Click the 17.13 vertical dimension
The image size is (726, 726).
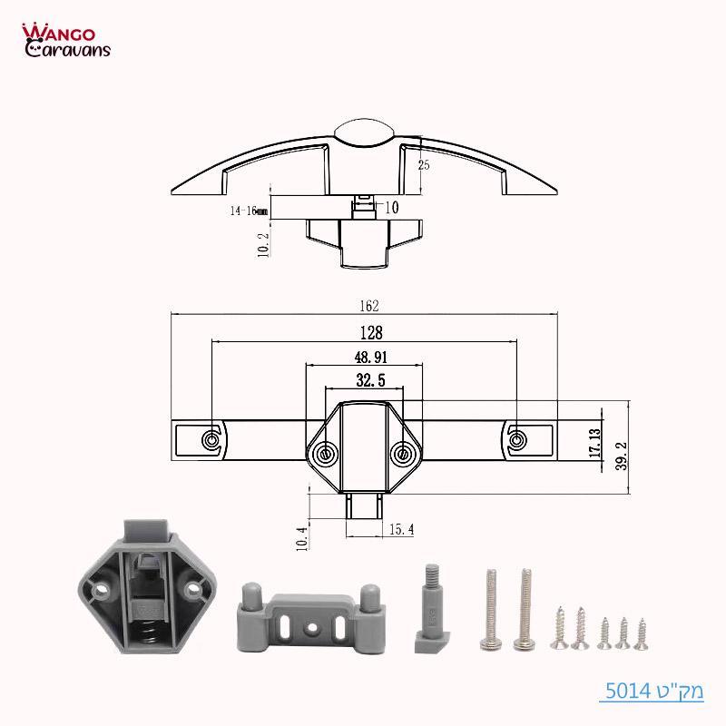click(594, 445)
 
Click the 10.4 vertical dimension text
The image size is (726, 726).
click(302, 538)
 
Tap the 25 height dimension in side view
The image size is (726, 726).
click(424, 165)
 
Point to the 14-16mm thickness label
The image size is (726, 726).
click(249, 210)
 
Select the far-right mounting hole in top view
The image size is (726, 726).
click(517, 440)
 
